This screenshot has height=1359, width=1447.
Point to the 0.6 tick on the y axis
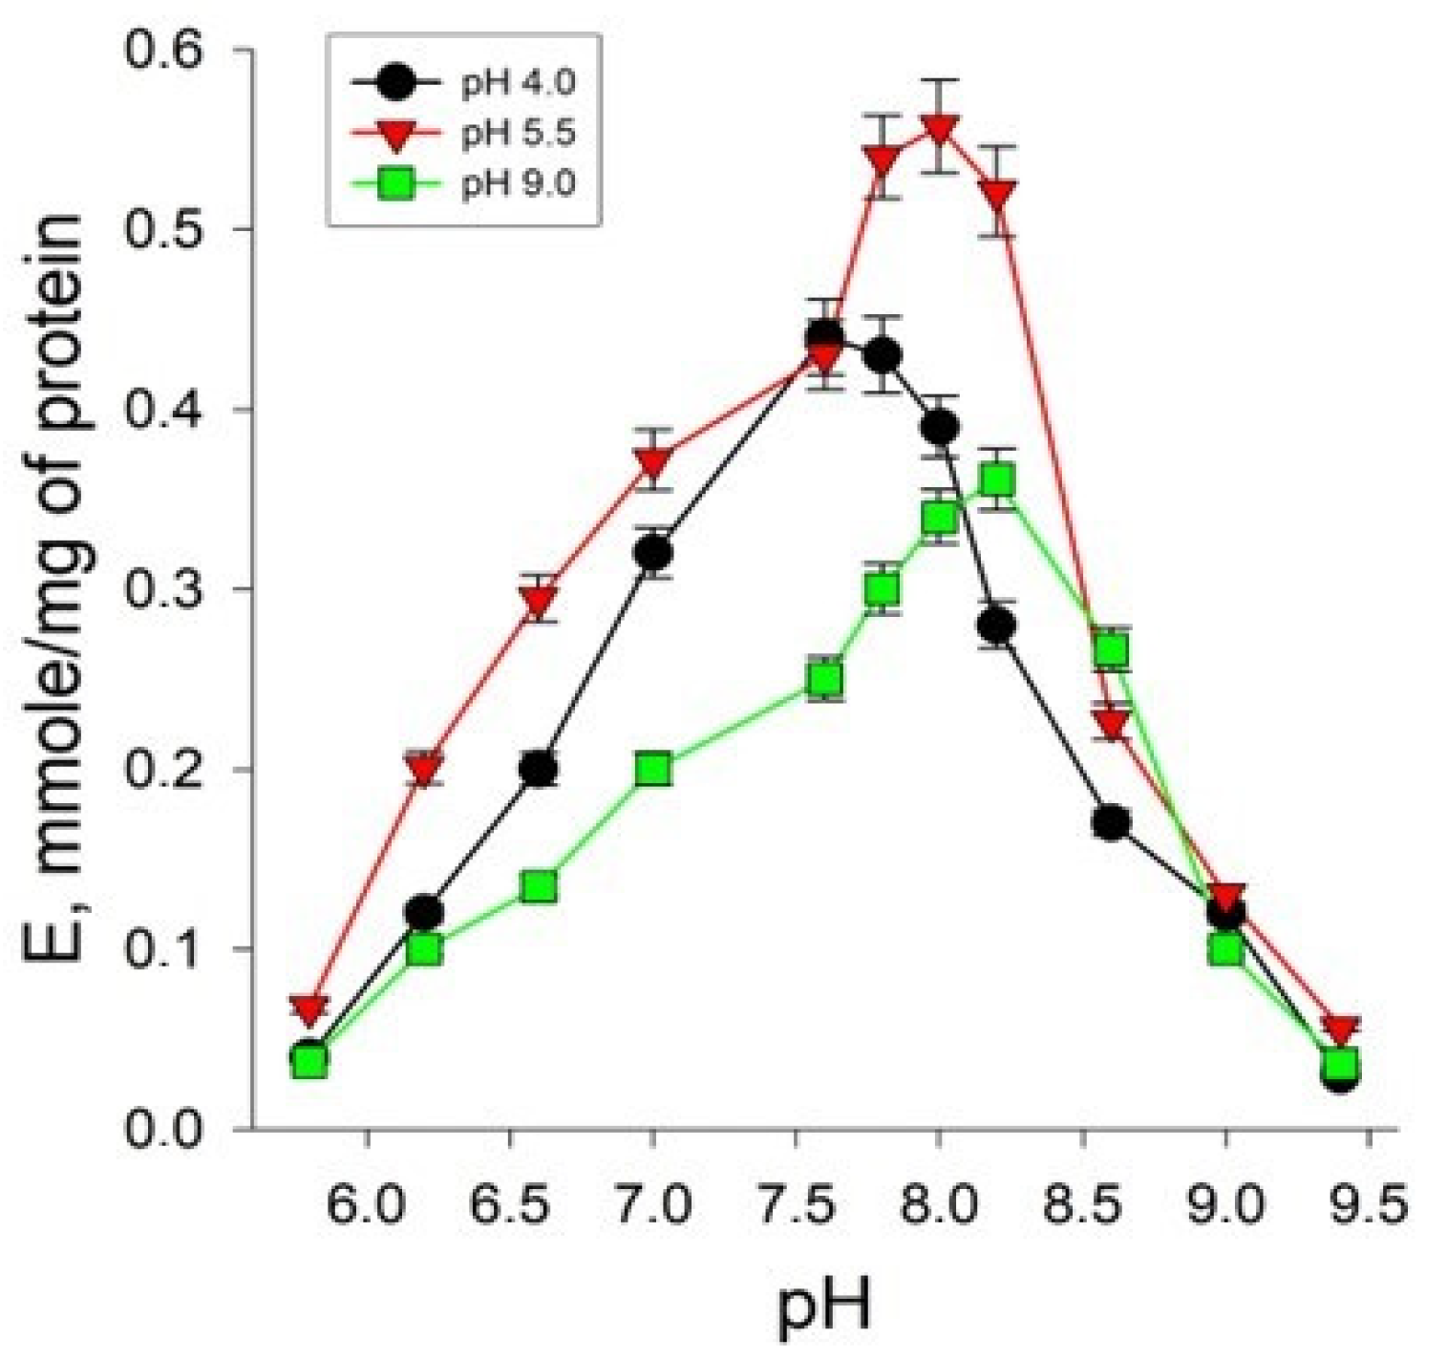178,50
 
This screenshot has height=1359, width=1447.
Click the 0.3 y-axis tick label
178,589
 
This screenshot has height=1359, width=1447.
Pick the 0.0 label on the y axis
178,1129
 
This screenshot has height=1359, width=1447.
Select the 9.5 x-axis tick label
1370,1205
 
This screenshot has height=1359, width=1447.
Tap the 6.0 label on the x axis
367,1205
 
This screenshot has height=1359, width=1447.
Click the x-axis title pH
823,1306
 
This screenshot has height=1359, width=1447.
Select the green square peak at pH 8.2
997,480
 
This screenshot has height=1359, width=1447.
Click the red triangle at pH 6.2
424,767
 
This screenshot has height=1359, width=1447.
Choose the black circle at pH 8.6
1111,822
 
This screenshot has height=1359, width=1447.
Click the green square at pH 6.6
540,887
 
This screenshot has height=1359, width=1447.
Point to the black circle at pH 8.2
997,626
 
